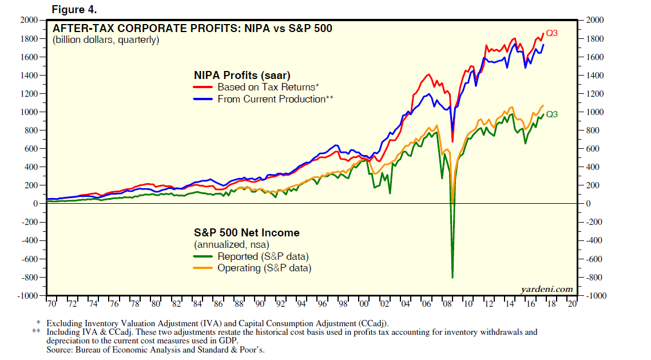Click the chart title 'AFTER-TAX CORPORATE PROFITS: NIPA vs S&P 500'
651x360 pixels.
point(192,28)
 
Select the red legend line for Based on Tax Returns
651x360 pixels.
point(204,88)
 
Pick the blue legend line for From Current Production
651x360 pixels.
point(204,99)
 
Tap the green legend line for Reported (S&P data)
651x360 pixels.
point(204,256)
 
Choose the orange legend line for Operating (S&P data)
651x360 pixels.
point(204,268)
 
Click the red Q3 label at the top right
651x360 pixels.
point(551,33)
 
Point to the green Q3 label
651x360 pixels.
point(551,114)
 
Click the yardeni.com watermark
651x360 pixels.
point(546,289)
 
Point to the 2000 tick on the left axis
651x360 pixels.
point(29,21)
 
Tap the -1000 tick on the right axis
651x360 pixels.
point(595,296)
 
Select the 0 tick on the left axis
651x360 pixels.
point(35,204)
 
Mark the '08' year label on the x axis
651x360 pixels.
point(447,304)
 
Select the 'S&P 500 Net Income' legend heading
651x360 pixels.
point(247,233)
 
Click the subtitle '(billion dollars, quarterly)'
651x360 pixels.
point(106,40)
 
